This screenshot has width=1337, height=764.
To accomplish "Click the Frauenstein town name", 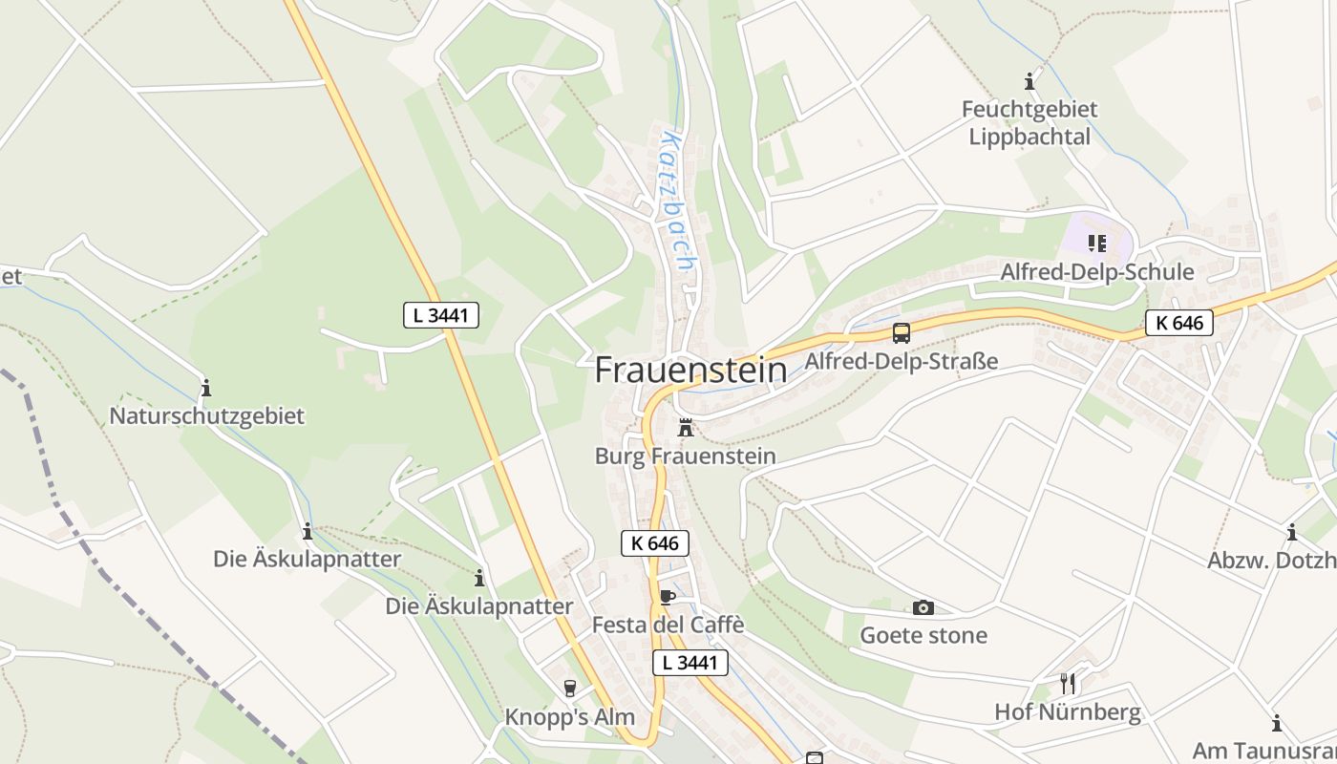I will click(690, 371).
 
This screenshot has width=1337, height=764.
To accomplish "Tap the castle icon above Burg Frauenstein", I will click(685, 428).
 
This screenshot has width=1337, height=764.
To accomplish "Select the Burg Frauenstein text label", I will click(685, 456).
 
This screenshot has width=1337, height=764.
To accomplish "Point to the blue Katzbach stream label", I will click(678, 201).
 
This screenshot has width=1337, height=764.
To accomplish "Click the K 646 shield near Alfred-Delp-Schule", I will click(1179, 323).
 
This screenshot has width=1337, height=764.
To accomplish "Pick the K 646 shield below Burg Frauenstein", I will click(654, 543).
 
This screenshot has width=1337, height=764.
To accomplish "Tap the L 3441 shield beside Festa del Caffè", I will click(690, 663).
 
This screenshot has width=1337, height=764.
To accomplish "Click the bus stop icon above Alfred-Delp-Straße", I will click(902, 333).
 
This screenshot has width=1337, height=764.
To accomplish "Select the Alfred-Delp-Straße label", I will click(902, 361).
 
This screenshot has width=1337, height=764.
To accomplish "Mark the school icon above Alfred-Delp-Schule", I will click(1096, 244).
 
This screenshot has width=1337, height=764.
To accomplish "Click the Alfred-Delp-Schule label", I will click(1096, 272).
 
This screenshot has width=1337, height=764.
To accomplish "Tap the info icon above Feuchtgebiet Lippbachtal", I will click(1029, 81).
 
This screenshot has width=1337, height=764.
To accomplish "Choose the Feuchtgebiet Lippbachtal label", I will click(1029, 122).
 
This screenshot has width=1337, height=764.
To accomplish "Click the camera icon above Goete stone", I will click(923, 607).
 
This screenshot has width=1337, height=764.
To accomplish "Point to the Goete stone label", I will click(923, 635).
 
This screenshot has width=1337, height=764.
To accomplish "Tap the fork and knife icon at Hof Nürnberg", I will click(1068, 684).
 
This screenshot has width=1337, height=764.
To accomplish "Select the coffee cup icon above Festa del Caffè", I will click(667, 598).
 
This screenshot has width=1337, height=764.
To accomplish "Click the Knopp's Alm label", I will click(569, 716).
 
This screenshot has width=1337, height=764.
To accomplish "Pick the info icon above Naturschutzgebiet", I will click(205, 388).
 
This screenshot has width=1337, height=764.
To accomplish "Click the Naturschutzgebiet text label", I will click(206, 416).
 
